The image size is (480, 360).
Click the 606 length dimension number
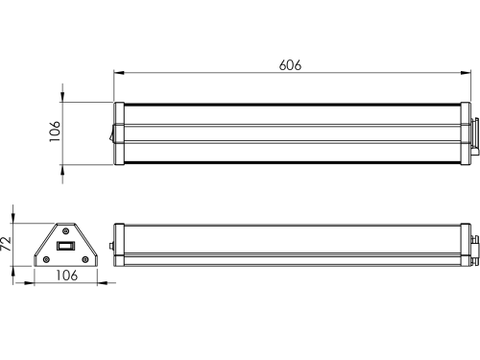(290, 65)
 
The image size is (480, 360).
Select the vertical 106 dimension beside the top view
(55, 132)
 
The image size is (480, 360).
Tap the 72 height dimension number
(6, 244)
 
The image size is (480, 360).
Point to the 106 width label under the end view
(67, 276)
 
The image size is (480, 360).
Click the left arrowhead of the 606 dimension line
(119, 73)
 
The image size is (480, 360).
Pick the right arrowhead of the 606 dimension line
(466, 73)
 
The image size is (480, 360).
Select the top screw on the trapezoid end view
(65, 230)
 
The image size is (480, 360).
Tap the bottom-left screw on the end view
(46, 259)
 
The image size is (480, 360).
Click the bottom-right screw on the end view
(85, 259)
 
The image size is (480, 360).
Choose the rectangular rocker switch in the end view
(65, 246)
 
